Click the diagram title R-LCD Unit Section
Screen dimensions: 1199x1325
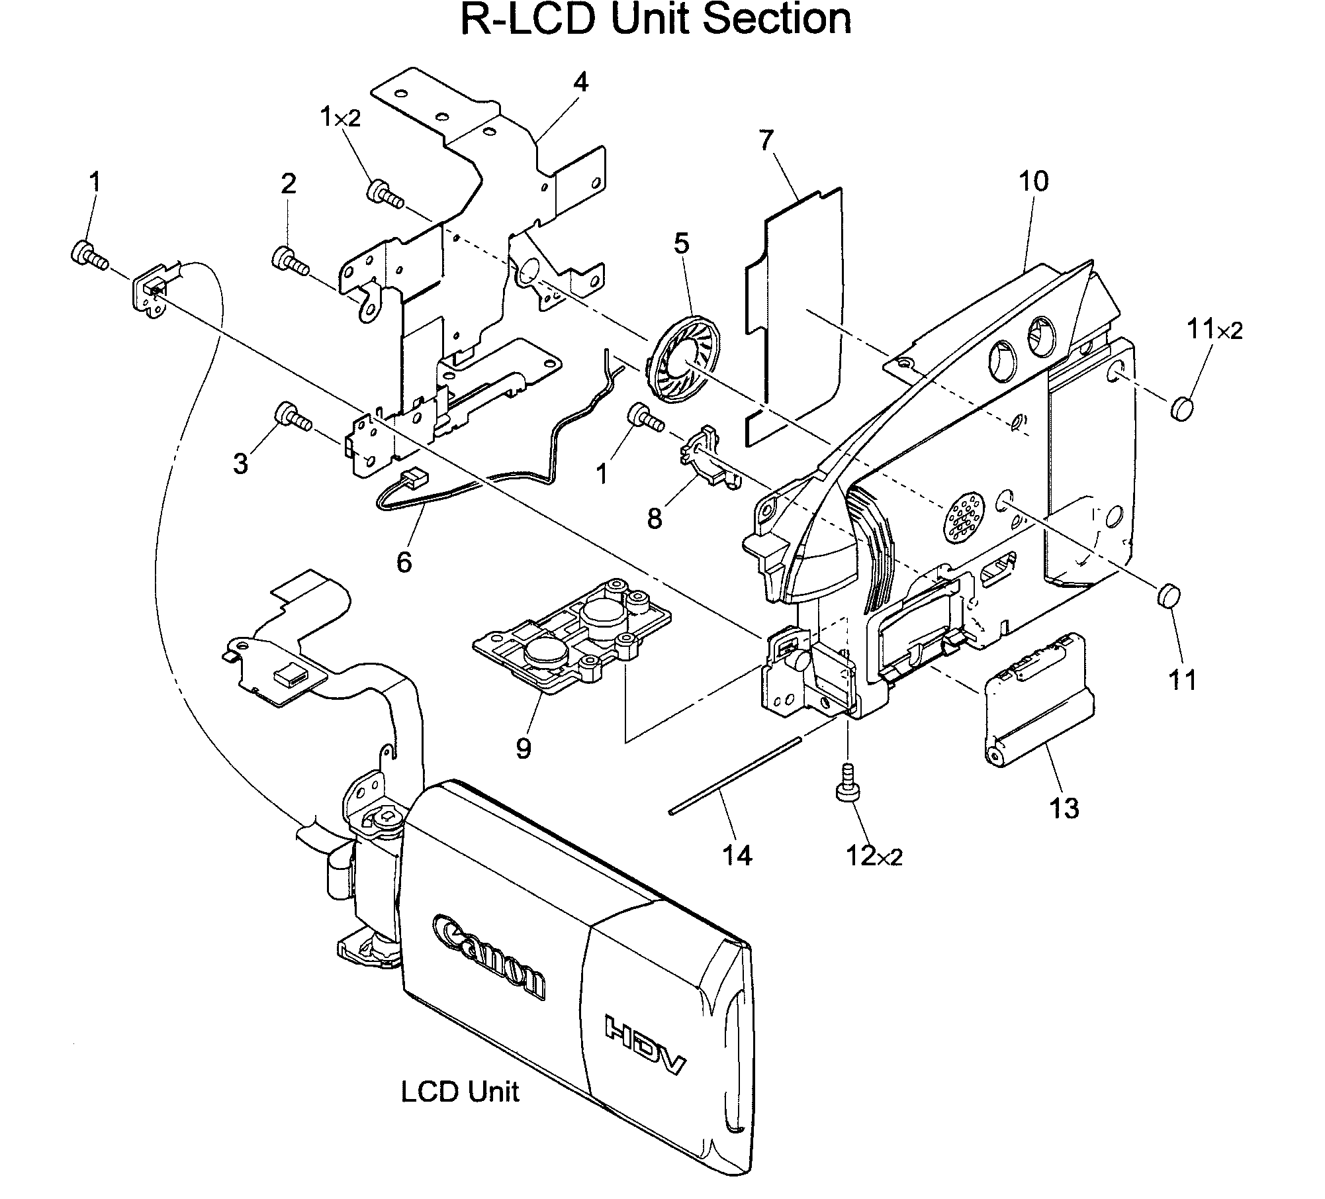[655, 20]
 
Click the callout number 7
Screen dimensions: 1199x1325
[766, 140]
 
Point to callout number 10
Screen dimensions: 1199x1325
[1033, 181]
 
